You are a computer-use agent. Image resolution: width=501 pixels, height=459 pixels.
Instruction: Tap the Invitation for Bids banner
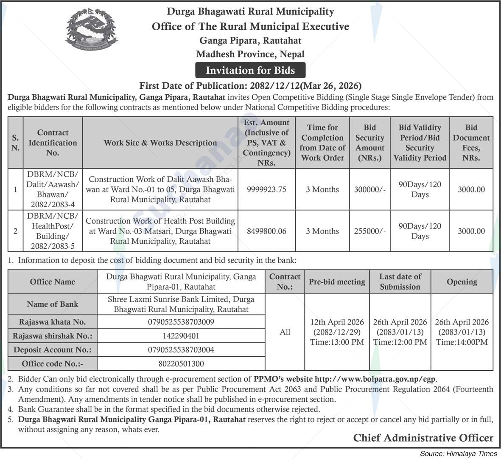point(250,70)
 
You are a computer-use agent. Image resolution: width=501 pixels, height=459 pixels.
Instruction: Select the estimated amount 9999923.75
point(266,189)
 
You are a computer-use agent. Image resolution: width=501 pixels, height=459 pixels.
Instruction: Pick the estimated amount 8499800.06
point(266,231)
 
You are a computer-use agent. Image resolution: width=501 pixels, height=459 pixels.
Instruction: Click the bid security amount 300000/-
point(370,189)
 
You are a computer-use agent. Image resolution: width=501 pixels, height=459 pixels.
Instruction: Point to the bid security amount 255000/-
point(370,231)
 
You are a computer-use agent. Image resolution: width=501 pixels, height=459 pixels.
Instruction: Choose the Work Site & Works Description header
point(160,143)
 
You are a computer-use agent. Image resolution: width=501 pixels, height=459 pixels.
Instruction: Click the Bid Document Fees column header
point(471,143)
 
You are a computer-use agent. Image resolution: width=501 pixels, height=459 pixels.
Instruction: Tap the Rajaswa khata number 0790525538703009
point(181,322)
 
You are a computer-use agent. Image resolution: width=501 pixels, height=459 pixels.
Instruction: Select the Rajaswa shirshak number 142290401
point(181,336)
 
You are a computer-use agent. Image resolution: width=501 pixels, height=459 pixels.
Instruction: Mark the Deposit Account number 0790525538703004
point(181,350)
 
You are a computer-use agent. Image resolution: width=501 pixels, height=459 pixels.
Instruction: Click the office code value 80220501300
point(181,363)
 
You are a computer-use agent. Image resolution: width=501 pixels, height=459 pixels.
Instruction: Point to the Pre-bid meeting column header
point(337,282)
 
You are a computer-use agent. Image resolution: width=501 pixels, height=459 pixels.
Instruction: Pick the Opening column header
point(462,282)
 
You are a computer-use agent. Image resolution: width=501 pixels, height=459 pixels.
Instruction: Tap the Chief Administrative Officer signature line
point(423,438)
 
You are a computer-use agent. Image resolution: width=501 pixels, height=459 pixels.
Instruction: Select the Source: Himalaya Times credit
point(459,453)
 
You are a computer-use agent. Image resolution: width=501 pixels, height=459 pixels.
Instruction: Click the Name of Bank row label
point(52,304)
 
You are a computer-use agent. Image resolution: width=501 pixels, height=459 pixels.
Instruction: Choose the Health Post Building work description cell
point(160,231)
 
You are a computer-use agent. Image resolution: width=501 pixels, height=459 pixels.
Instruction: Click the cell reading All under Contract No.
point(285,332)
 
